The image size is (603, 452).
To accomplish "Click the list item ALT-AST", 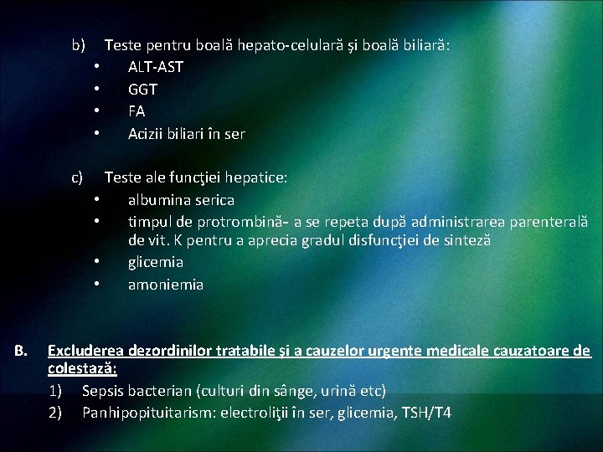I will (155, 67).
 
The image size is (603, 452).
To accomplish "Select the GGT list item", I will (142, 90).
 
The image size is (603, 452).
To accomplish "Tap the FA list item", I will (137, 111).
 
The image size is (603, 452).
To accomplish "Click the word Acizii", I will (147, 134).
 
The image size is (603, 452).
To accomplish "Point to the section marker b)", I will (79, 44).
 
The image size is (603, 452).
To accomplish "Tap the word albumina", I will (160, 200).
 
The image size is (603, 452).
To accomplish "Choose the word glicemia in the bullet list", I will (156, 262).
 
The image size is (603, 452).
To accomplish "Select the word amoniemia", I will (166, 285).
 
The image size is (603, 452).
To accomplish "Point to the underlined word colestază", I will (81, 369).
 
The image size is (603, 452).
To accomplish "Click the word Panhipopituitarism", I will (152, 413).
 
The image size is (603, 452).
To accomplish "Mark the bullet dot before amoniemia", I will (98, 285).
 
